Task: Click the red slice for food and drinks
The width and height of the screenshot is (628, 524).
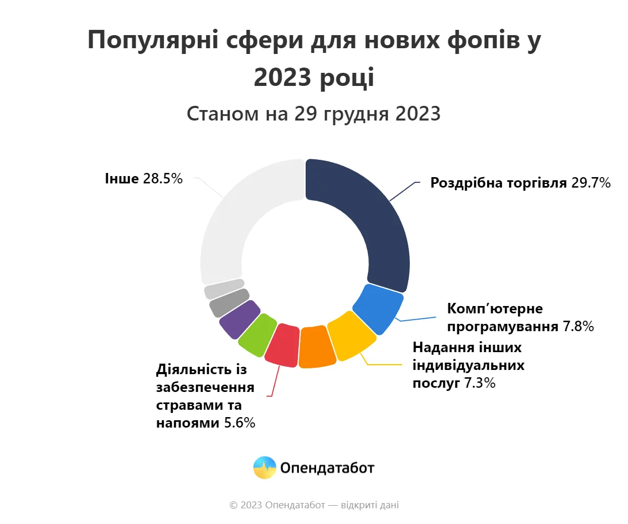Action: coord(283,345)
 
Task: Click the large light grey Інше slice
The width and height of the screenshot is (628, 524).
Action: coord(235,220)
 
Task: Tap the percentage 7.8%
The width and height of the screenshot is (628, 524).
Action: coord(578,327)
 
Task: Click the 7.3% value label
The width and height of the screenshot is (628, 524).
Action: coord(479,383)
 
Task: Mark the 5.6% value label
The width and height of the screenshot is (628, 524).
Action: coord(239,423)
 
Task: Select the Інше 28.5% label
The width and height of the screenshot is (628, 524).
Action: coord(143,179)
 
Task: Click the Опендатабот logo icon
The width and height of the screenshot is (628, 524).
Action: coord(264,467)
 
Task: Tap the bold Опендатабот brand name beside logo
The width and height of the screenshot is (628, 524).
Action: coord(327,468)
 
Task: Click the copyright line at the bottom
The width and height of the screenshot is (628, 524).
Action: coord(314,506)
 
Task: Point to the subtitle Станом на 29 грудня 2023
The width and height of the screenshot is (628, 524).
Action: coord(313,114)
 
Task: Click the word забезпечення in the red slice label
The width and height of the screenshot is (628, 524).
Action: coord(205,388)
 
